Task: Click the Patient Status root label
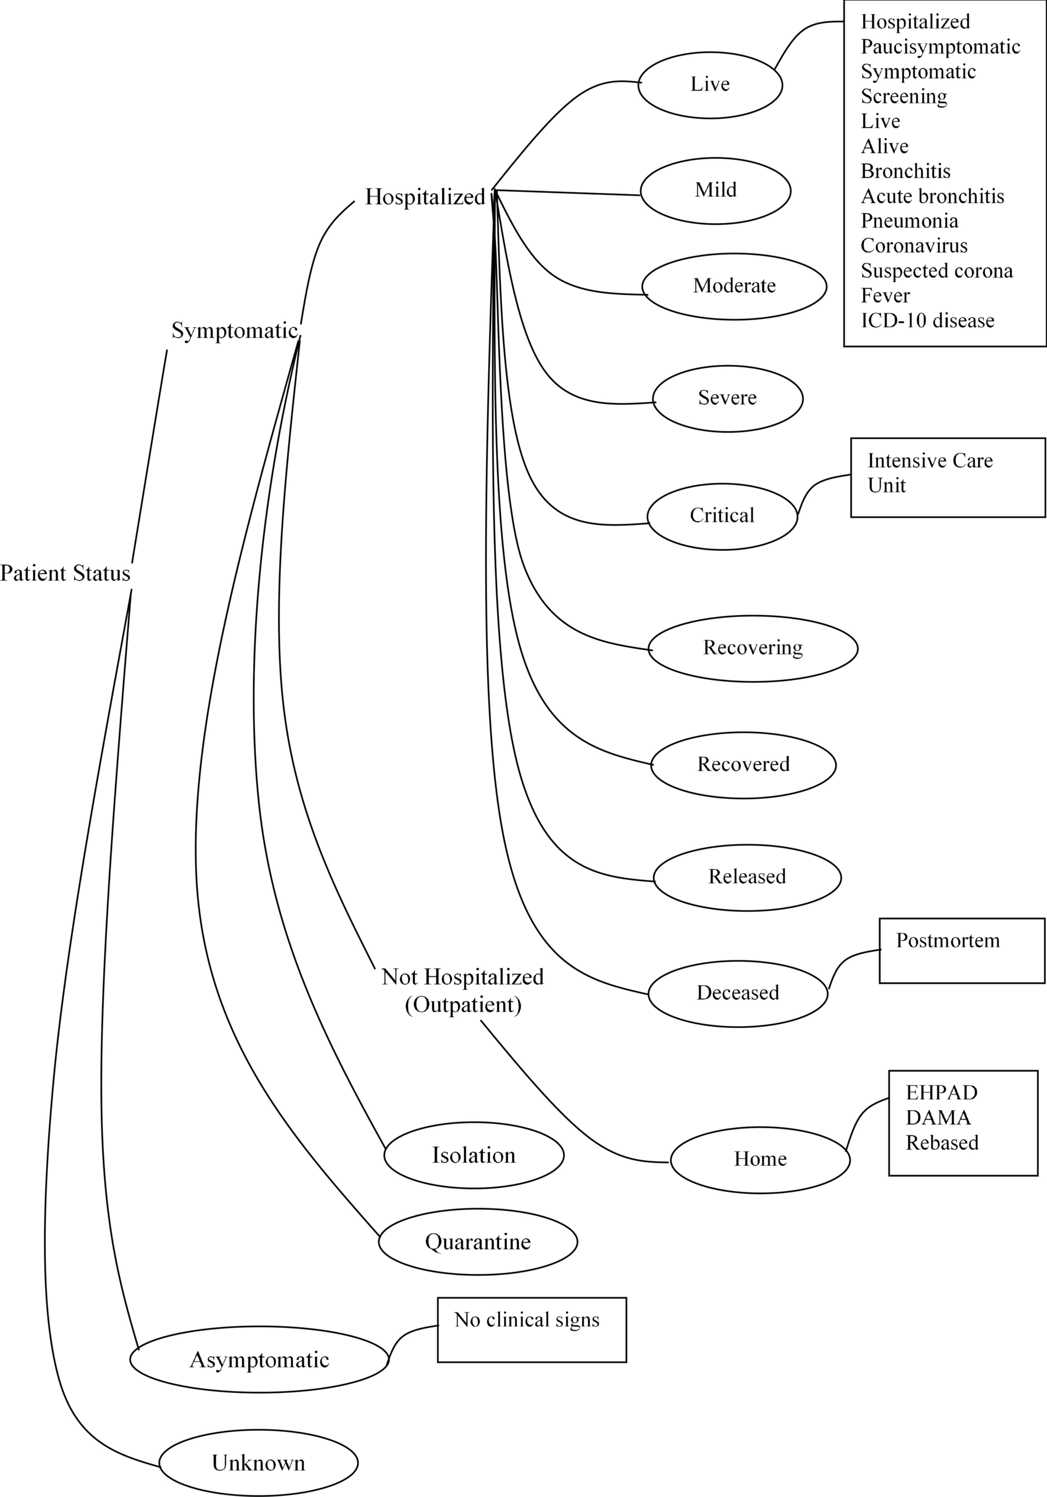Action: pyautogui.click(x=65, y=574)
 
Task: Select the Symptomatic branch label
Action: pyautogui.click(x=235, y=331)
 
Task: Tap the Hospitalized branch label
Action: pyautogui.click(x=425, y=197)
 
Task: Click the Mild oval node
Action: pyautogui.click(x=715, y=191)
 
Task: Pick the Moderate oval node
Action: pyautogui.click(x=734, y=286)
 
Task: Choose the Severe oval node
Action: pyautogui.click(x=728, y=398)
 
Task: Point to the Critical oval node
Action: pyautogui.click(x=722, y=516)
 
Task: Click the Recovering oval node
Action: pyautogui.click(x=752, y=648)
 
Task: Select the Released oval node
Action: pyautogui.click(x=747, y=877)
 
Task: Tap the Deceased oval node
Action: pyautogui.click(x=738, y=993)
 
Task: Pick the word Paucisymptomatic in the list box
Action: pyautogui.click(x=940, y=47)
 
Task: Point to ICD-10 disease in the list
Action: pyautogui.click(x=927, y=321)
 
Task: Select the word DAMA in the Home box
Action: pyautogui.click(x=938, y=1118)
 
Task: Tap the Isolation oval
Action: pyautogui.click(x=473, y=1156)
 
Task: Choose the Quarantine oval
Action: pyautogui.click(x=477, y=1242)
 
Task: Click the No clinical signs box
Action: pyautogui.click(x=531, y=1330)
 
